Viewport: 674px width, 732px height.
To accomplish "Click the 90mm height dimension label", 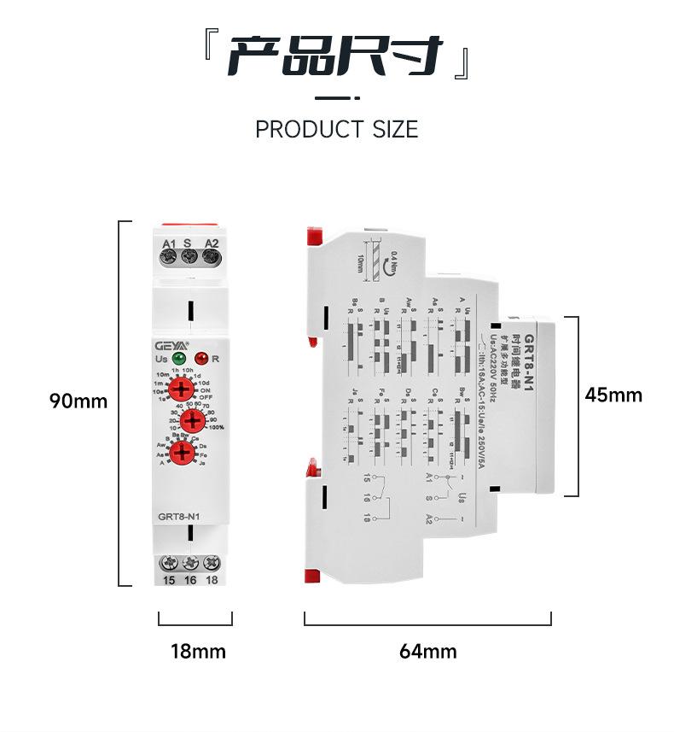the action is [x=78, y=401].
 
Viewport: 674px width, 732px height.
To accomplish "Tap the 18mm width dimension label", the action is [x=198, y=652].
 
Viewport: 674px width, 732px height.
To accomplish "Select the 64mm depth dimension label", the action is [x=428, y=652].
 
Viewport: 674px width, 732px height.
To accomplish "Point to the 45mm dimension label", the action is [x=613, y=395].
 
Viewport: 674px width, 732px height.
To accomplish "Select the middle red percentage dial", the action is [x=193, y=419].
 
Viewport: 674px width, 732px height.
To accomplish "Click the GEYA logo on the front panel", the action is [x=171, y=345].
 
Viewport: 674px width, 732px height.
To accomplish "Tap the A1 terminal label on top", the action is [x=169, y=243].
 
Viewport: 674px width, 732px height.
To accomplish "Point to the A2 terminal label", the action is [x=212, y=243].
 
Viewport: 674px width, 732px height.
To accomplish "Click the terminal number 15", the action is [x=169, y=580].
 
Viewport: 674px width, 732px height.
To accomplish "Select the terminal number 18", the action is [x=212, y=580].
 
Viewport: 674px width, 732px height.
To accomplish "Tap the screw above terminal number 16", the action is [x=190, y=563].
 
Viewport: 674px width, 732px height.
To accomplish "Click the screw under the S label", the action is [x=189, y=257].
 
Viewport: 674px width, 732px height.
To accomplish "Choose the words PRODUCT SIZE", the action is [x=337, y=130].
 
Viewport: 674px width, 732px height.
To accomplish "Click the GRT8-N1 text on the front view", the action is [x=179, y=516].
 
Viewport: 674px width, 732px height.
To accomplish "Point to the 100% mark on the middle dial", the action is [x=217, y=427].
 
